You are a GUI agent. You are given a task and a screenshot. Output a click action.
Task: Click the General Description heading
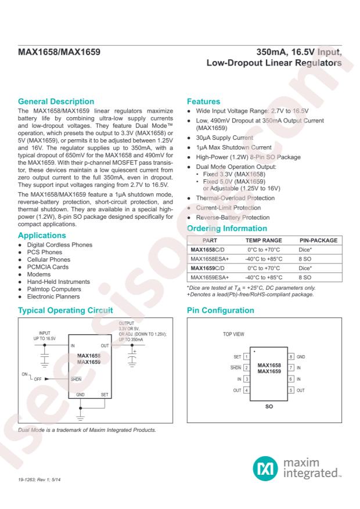pos(56,101)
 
